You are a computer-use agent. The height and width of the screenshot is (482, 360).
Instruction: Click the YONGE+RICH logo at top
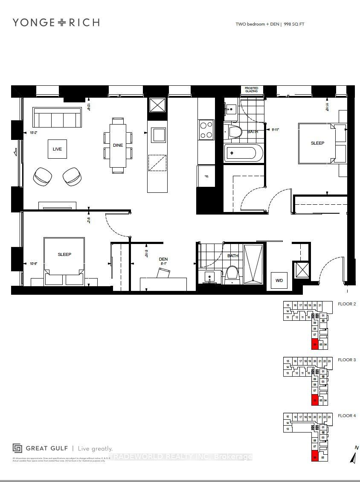[56, 23]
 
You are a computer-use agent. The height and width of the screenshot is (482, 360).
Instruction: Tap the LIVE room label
[57, 149]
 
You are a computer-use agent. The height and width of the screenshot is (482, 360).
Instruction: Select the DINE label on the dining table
[118, 145]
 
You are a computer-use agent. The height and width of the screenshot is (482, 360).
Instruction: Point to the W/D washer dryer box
[279, 280]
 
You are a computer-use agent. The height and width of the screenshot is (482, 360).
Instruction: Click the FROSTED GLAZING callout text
[251, 90]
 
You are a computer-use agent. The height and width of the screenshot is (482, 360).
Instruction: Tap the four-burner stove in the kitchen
[206, 130]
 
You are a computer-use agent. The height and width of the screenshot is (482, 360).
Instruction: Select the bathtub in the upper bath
[243, 153]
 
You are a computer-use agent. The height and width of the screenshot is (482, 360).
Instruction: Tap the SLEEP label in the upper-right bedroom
[317, 143]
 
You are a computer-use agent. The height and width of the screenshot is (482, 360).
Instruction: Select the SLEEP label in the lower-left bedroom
[64, 254]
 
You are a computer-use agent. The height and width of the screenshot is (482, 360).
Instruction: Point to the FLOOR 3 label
[346, 360]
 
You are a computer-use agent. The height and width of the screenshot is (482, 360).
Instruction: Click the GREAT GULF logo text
[48, 448]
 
